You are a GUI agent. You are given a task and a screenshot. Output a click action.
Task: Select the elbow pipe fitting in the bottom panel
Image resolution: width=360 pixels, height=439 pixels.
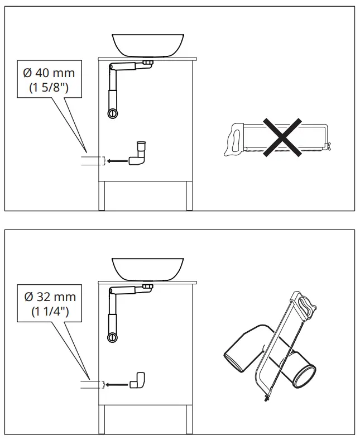(138, 380)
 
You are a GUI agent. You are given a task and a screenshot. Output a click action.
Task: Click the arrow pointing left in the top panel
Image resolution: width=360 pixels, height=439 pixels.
(117, 161)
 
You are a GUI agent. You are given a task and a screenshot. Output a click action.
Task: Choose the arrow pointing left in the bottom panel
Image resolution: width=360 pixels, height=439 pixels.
(117, 384)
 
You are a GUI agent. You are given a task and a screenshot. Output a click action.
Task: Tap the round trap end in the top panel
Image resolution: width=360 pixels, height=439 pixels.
(113, 113)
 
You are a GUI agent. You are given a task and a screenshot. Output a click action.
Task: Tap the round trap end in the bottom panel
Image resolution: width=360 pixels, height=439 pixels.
(113, 337)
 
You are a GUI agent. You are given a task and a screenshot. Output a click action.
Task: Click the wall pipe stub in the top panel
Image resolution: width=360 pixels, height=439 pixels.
(92, 161)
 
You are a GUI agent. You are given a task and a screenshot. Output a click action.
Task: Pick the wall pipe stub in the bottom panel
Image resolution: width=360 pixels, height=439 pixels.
(92, 384)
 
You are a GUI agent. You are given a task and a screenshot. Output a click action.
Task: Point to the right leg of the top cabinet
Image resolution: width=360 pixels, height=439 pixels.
(189, 196)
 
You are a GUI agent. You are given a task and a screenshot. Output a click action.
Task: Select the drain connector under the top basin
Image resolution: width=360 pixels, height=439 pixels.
(148, 63)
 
